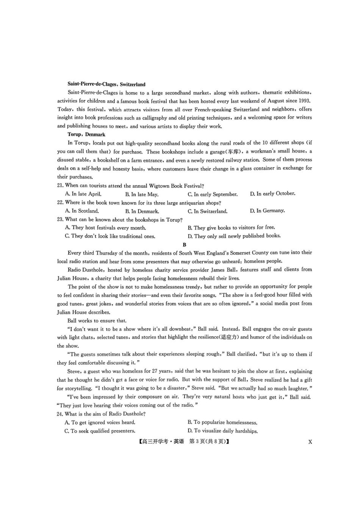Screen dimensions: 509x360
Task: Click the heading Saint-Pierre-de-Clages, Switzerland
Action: pyautogui.click(x=106, y=84)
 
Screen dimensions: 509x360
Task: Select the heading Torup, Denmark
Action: pyautogui.click(x=86, y=134)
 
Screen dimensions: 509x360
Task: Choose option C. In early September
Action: pyautogui.click(x=213, y=194)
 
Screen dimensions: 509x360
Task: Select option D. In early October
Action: pyautogui.click(x=272, y=194)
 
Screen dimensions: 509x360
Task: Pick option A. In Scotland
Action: pyautogui.click(x=82, y=211)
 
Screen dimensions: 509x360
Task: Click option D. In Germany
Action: pyautogui.click(x=267, y=211)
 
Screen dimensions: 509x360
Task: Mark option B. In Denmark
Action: pyautogui.click(x=142, y=211)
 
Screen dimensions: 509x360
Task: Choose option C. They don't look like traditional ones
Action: pyautogui.click(x=110, y=236)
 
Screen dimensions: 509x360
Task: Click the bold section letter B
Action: pyautogui.click(x=185, y=245)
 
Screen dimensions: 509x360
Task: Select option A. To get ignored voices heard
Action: pyautogui.click(x=100, y=422)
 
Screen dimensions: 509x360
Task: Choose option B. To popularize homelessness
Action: pyautogui.click(x=222, y=422)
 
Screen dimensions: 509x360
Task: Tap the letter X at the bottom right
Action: pyautogui.click(x=310, y=442)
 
